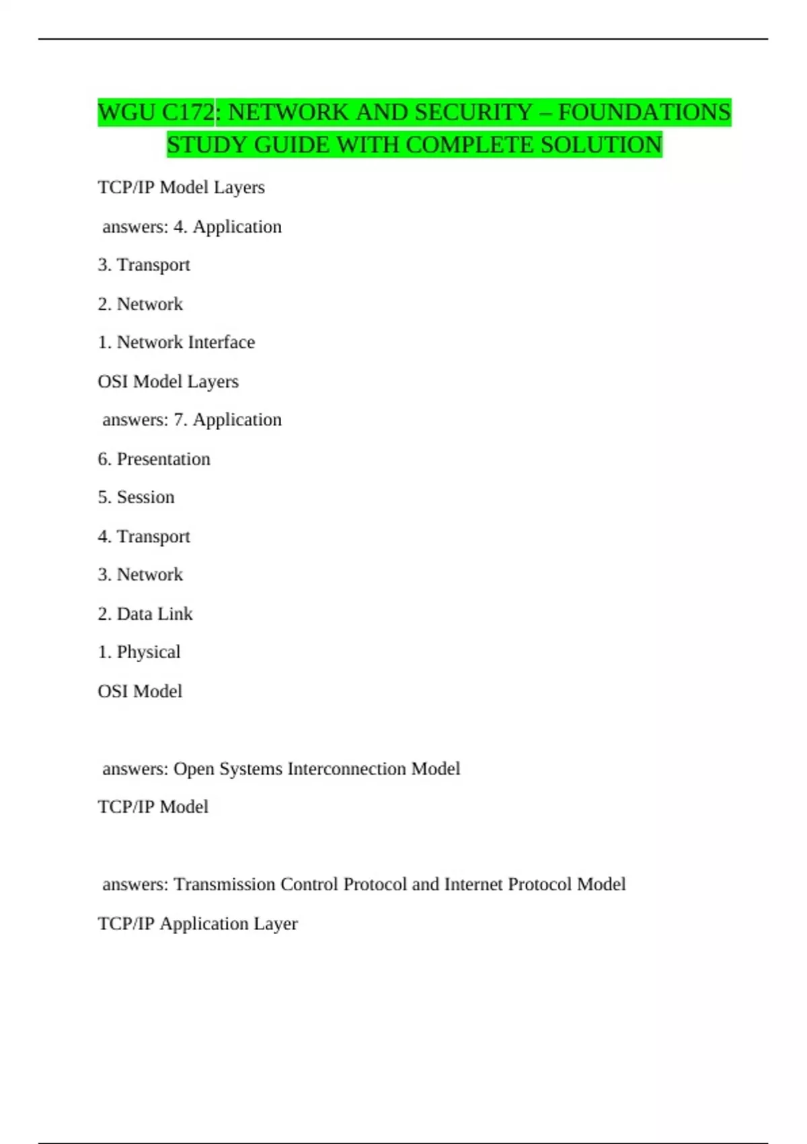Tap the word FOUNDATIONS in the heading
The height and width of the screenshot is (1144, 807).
click(644, 112)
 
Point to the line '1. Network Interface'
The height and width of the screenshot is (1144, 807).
click(176, 343)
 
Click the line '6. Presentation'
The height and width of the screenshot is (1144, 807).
click(154, 459)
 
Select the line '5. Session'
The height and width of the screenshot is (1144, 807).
click(136, 497)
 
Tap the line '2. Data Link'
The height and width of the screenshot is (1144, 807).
click(145, 614)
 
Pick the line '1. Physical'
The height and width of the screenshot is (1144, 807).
click(139, 652)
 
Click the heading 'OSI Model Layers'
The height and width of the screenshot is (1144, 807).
click(168, 382)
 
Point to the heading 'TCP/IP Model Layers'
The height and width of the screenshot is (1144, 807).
click(181, 187)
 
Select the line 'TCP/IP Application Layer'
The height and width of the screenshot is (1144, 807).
click(198, 923)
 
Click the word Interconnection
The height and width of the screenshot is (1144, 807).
click(347, 768)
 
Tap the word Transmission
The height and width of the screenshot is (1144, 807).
click(225, 884)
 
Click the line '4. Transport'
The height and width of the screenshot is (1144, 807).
click(144, 536)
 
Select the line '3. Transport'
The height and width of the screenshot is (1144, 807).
click(144, 265)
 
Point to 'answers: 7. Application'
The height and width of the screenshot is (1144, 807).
click(192, 420)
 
